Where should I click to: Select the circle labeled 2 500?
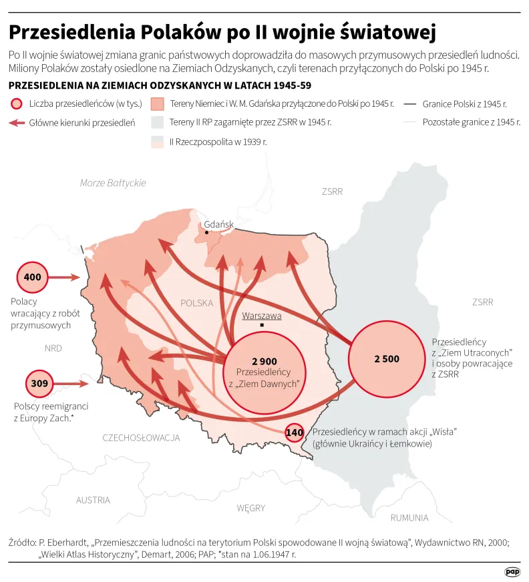[x=386, y=358]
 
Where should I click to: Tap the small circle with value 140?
[x=294, y=432]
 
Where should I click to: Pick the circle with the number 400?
[x=32, y=277]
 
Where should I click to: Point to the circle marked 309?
[x=40, y=384]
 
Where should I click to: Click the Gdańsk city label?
[x=219, y=224]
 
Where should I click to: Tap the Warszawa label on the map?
[x=262, y=316]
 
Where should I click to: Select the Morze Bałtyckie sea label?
[x=112, y=183]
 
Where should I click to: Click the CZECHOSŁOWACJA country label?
[x=141, y=438]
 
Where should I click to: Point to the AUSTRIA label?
[x=93, y=500]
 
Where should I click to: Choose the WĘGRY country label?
[x=250, y=508]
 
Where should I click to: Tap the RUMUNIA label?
[x=409, y=517]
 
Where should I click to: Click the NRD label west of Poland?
[x=53, y=348]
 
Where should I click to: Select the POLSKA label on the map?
[x=196, y=303]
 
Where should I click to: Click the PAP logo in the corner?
[x=512, y=571]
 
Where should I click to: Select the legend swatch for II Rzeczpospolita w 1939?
[x=158, y=141]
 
